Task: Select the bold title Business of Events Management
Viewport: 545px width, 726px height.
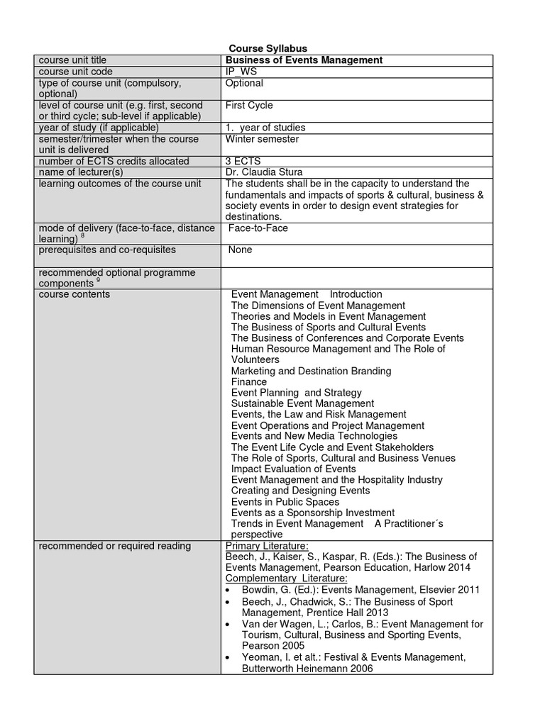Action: tap(304, 60)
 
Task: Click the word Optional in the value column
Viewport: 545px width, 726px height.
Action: tap(244, 83)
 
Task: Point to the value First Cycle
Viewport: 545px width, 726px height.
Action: tap(249, 105)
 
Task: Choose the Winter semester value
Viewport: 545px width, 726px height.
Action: tap(262, 139)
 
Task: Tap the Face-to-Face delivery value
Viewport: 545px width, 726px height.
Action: tap(258, 228)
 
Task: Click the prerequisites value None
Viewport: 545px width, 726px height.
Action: tap(240, 250)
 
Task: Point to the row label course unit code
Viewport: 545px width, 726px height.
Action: tap(76, 72)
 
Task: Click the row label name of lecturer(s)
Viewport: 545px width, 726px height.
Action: tap(81, 172)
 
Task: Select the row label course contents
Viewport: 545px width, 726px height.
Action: tap(75, 294)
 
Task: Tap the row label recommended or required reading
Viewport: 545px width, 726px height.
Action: tap(114, 545)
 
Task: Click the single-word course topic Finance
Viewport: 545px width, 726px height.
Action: tap(249, 381)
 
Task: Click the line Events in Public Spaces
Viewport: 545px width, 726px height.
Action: tap(285, 502)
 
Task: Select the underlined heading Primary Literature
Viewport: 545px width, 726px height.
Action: tap(267, 545)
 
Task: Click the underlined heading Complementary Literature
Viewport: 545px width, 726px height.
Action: tap(286, 578)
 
